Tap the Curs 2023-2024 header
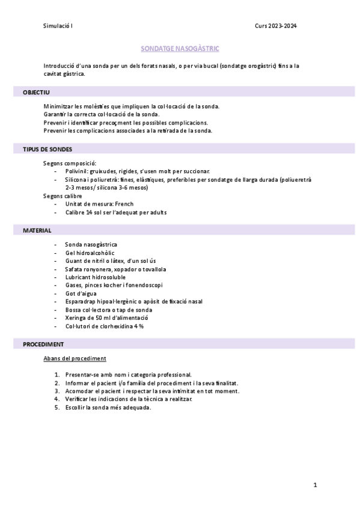275,26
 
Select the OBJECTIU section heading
36,92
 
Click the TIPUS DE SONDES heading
47,149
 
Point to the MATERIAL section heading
37,230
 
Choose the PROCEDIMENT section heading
43,344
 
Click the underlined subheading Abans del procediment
75,358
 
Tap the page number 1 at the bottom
315,485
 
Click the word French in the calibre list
124,204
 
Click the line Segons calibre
63,195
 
